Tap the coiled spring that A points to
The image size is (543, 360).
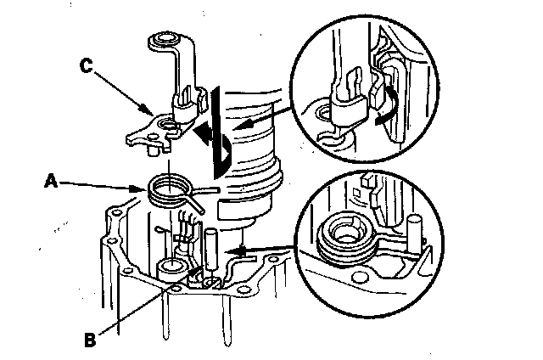pyautogui.click(x=169, y=188)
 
